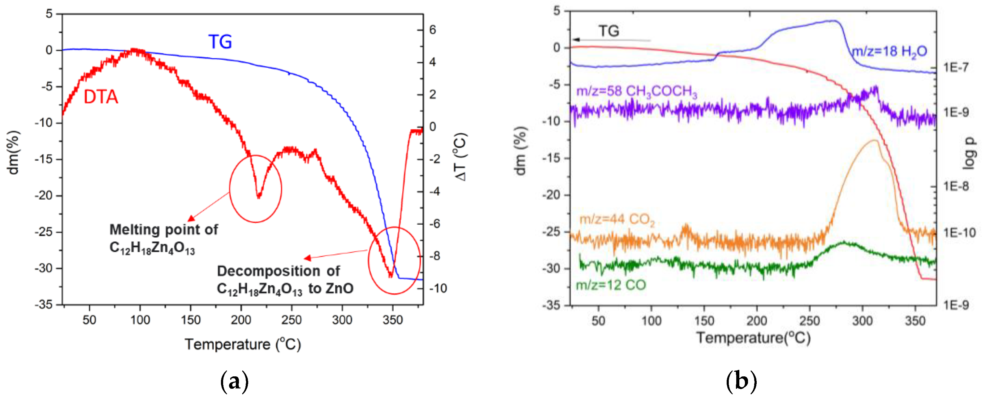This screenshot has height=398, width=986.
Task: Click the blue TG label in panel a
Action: tap(220, 42)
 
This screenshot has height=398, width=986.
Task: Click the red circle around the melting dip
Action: tap(255, 188)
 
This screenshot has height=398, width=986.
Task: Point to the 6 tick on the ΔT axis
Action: tap(433, 30)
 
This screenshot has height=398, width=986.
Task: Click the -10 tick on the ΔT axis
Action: tap(438, 288)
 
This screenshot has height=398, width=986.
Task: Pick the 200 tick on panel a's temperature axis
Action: tap(241, 320)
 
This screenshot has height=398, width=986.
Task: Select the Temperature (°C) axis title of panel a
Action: tap(243, 345)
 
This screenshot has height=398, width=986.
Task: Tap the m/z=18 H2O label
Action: tap(889, 51)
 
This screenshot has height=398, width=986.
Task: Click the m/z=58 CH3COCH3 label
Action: tap(637, 92)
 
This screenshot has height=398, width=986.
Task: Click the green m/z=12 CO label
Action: tap(611, 285)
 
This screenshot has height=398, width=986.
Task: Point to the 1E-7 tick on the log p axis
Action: tap(955, 67)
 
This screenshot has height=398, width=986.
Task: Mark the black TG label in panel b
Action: tap(609, 31)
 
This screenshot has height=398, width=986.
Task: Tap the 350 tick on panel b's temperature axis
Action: tap(915, 320)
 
